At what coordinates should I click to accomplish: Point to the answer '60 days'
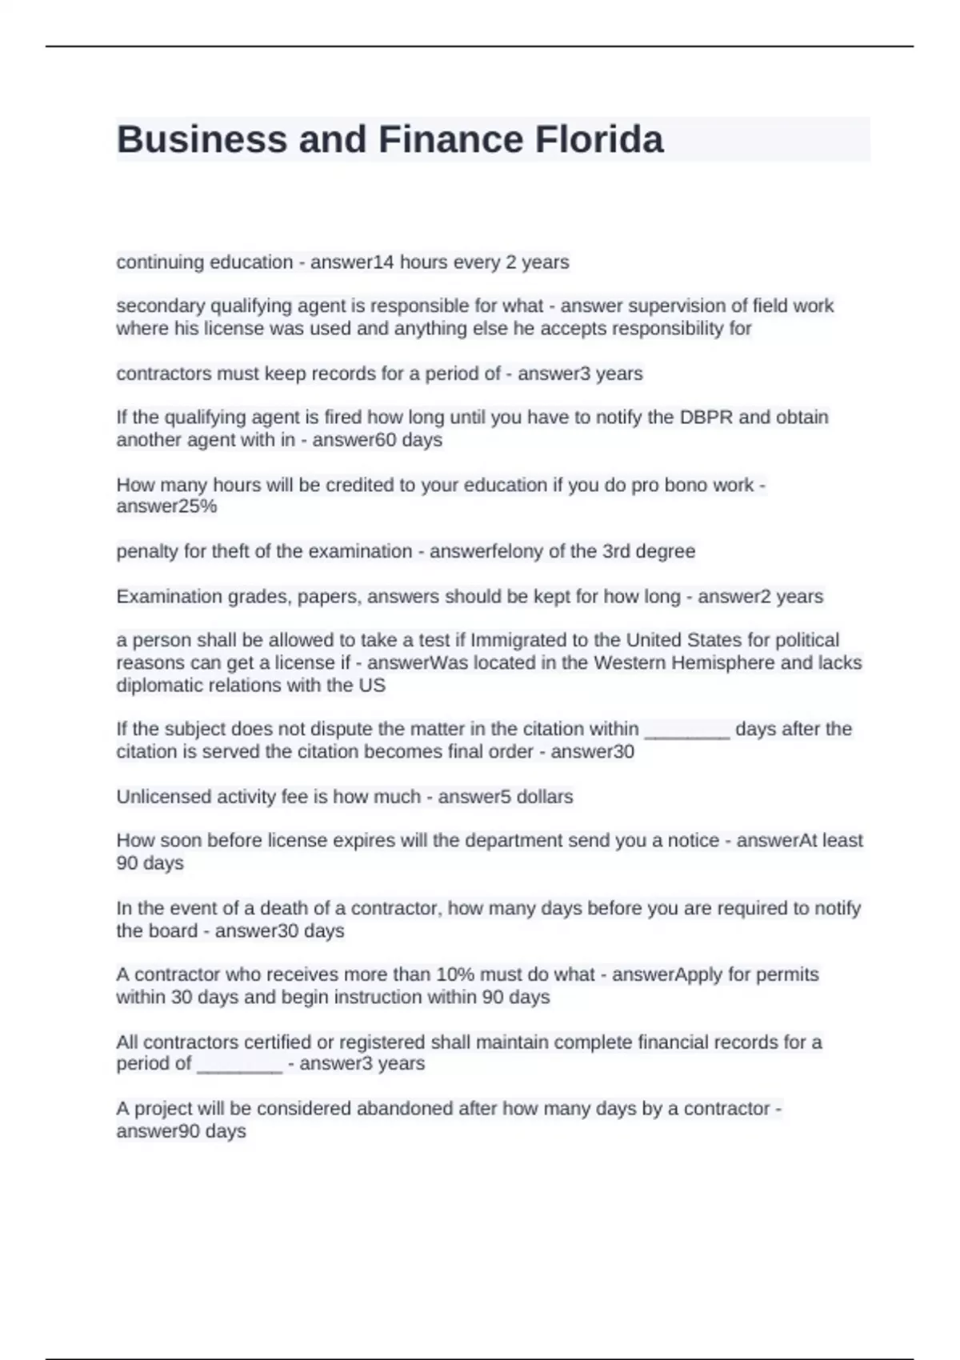[x=409, y=440]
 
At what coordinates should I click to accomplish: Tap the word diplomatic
[x=157, y=686]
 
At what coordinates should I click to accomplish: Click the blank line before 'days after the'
[x=686, y=732]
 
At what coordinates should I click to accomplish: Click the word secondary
[x=157, y=306]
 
